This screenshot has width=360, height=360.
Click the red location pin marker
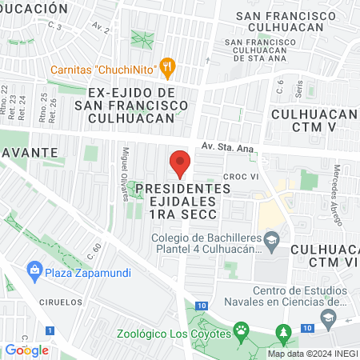pos(181,162)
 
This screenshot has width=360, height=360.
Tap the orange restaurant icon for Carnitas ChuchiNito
pos(167,68)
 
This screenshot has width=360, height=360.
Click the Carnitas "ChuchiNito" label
pos(104,69)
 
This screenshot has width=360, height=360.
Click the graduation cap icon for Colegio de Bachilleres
pos(272,238)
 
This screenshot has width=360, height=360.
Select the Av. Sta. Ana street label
pos(228,146)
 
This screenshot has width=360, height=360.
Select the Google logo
pos(26,350)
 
